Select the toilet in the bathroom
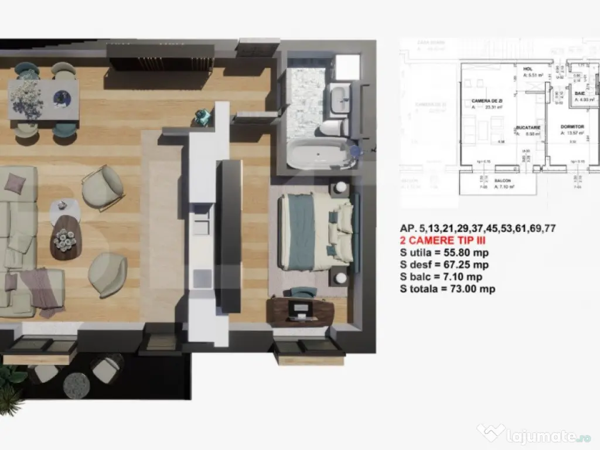(334, 127)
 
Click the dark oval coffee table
(64, 237)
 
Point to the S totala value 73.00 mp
(473, 289)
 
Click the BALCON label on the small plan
(502, 181)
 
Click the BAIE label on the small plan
(580, 93)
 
